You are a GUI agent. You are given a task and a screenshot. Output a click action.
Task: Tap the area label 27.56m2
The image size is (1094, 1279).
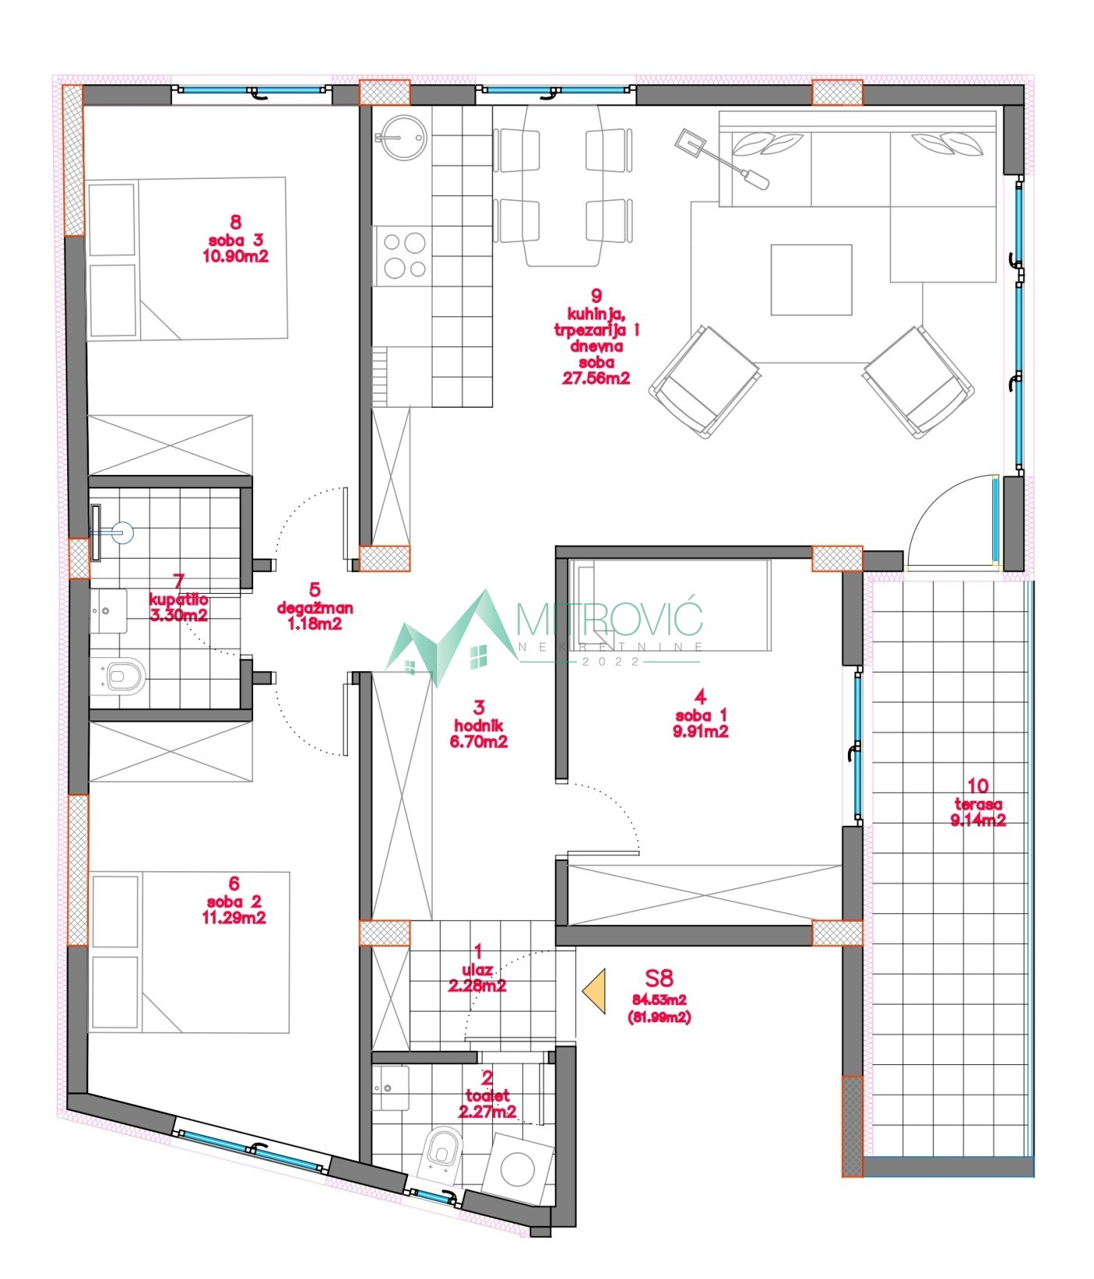point(596,378)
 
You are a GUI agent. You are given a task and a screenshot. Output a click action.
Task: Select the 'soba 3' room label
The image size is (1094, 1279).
point(235,240)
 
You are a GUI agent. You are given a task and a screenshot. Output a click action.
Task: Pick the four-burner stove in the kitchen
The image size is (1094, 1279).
point(403,256)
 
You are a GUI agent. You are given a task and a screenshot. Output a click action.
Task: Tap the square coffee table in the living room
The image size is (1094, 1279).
point(811,280)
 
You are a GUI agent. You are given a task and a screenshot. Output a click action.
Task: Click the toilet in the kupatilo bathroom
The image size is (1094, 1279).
point(120,676)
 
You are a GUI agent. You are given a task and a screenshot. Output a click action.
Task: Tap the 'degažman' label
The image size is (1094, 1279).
point(315,608)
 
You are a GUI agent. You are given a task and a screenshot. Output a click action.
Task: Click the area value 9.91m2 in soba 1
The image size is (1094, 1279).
point(700,732)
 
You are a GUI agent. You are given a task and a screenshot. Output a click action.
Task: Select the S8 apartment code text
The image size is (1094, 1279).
point(659,977)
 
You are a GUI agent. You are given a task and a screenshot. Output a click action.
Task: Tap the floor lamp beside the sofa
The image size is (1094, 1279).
point(722,160)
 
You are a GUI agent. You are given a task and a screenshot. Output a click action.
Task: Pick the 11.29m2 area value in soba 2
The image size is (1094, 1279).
point(234,917)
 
